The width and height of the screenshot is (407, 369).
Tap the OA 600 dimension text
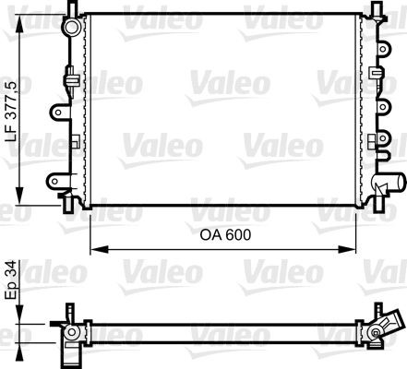point(225,235)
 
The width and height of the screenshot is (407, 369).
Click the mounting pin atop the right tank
point(377,10)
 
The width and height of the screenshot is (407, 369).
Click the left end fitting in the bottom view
point(70,331)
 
